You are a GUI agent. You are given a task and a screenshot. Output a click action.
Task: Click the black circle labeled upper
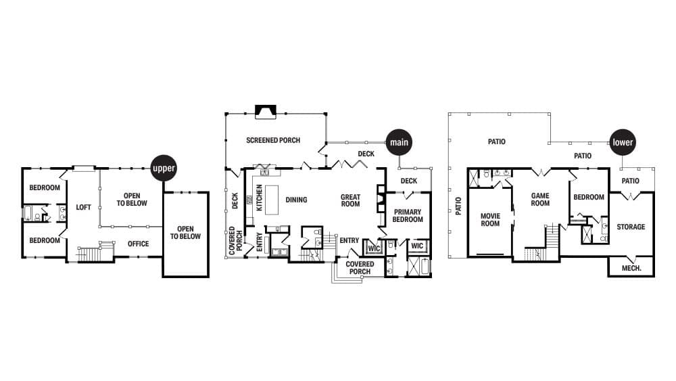[164, 168]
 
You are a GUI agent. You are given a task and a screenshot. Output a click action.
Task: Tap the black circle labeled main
[399, 143]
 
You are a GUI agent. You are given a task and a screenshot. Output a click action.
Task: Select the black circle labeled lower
[623, 143]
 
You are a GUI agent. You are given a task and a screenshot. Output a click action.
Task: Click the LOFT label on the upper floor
[83, 208]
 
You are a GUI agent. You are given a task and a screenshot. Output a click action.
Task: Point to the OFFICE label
[138, 244]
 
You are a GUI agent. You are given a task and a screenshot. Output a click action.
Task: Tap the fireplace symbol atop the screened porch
[265, 112]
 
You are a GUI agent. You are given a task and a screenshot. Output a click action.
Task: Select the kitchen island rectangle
[272, 200]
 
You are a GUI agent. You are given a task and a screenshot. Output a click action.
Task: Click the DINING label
[296, 200]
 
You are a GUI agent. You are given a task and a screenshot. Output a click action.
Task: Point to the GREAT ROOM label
[350, 200]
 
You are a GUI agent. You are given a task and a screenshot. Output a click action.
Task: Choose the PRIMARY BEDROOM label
[408, 216]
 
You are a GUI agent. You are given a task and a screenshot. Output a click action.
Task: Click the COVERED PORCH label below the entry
[360, 268]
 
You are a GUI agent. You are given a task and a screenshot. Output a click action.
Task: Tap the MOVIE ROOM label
[490, 220]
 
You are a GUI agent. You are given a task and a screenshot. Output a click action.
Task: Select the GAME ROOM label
[540, 200]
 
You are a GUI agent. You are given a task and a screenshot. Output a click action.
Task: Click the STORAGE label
[631, 227]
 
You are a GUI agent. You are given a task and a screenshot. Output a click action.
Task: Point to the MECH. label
[630, 268]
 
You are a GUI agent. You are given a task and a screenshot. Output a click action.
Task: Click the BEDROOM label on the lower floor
[589, 198]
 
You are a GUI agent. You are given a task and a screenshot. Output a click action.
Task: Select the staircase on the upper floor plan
[89, 254]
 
